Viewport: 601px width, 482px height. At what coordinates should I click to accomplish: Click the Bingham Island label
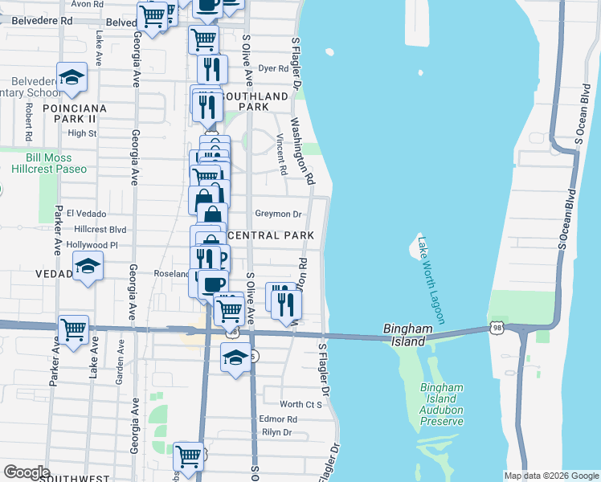click(x=409, y=335)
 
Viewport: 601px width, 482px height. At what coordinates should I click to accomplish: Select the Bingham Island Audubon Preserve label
click(x=442, y=404)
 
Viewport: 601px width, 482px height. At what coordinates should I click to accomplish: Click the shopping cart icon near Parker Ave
click(x=73, y=329)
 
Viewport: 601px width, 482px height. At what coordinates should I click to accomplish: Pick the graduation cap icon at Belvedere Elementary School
click(x=73, y=77)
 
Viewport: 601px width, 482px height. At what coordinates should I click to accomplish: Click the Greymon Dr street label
click(x=277, y=214)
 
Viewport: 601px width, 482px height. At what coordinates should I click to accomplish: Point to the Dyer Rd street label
click(x=272, y=69)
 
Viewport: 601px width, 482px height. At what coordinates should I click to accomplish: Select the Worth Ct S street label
click(x=300, y=404)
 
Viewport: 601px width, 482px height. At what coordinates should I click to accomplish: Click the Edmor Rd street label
click(x=278, y=419)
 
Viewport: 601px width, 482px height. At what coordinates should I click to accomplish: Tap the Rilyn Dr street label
click(x=276, y=432)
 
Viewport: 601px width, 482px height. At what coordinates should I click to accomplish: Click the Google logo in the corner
click(x=27, y=472)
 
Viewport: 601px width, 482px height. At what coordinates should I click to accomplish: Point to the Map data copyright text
click(x=551, y=476)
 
